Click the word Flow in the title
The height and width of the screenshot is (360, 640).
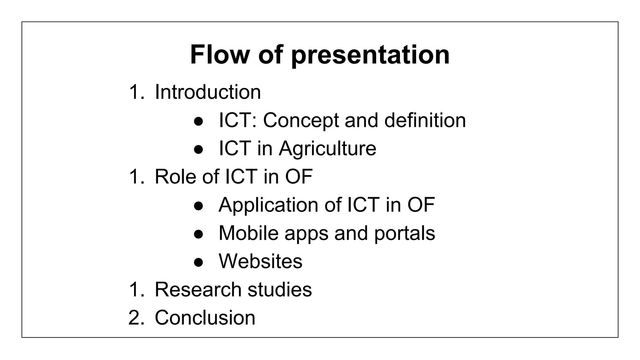click(219, 55)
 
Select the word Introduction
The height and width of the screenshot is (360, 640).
click(208, 92)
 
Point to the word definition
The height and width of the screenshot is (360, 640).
click(425, 120)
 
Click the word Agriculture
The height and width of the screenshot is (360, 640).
click(327, 148)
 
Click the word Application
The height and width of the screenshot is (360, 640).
click(268, 205)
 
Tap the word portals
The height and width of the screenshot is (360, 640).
click(404, 234)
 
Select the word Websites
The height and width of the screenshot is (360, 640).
click(261, 261)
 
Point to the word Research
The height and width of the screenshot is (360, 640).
click(198, 289)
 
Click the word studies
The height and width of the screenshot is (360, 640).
click(280, 289)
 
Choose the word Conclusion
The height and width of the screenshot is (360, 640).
click(205, 317)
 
